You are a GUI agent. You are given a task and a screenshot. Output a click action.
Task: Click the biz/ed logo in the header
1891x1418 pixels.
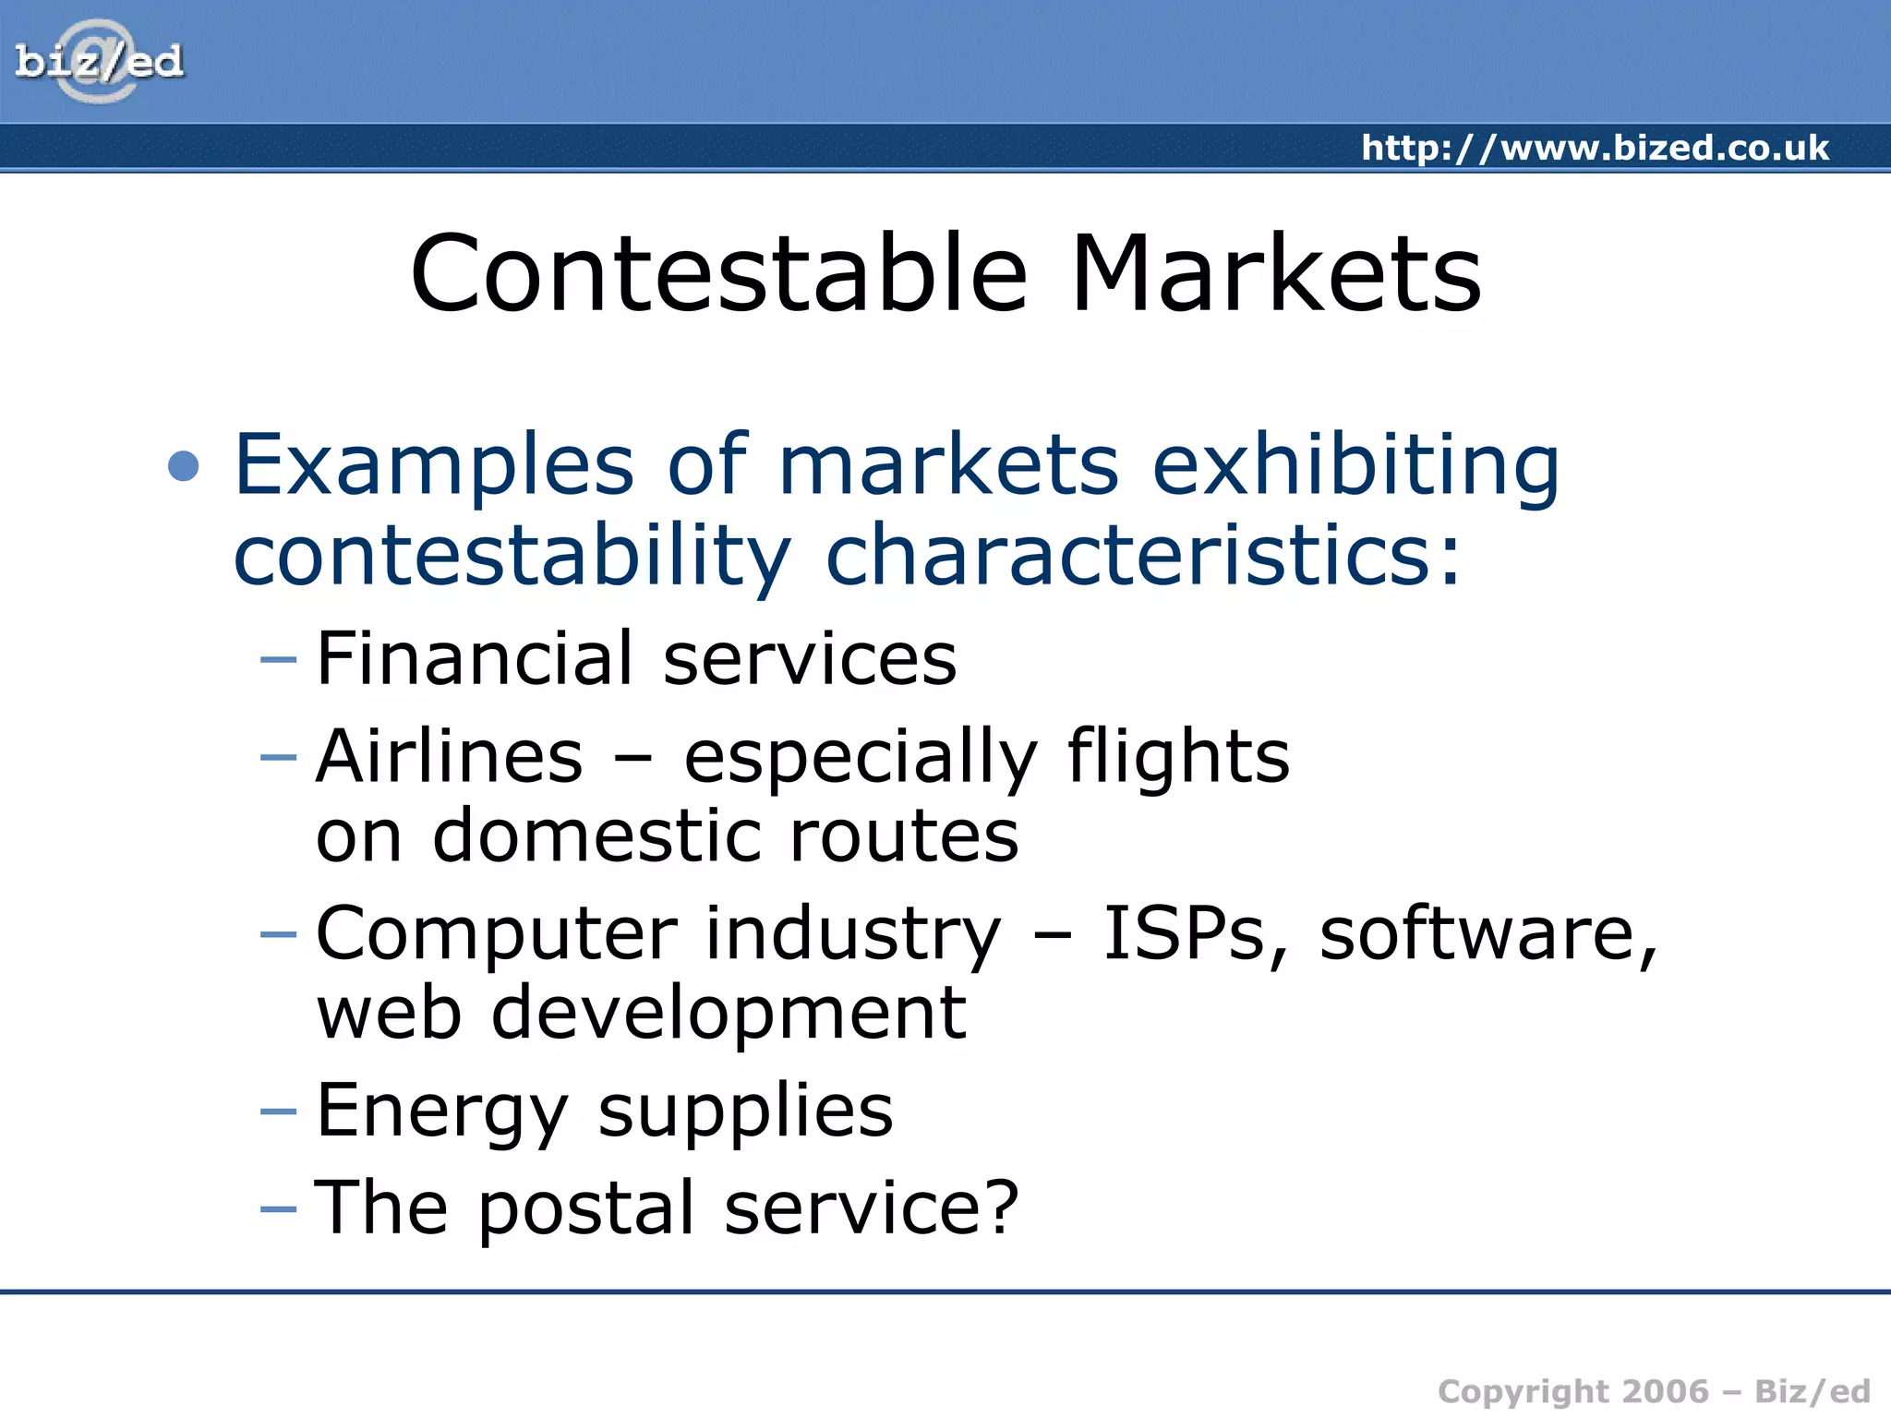99,62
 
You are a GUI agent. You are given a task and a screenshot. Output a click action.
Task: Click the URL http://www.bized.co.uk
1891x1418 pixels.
1595,148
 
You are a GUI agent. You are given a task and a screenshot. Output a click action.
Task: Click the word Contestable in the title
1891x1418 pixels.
718,274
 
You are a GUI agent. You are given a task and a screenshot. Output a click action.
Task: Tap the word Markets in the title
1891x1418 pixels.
1275,274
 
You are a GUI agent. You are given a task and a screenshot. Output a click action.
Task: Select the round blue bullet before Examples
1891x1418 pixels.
184,465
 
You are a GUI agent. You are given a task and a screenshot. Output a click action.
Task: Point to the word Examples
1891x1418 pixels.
434,465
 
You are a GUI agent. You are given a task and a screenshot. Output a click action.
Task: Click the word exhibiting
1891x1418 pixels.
1355,465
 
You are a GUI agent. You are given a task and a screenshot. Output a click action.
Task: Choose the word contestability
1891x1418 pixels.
512,556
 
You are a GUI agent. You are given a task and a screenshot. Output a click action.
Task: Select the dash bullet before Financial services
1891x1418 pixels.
278,659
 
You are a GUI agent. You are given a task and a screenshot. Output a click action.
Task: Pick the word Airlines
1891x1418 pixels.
449,756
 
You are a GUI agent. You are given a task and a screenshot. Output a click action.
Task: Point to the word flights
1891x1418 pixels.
1177,756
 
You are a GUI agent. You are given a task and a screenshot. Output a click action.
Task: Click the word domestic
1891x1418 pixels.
597,835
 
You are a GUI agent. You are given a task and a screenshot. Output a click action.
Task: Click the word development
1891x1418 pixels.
729,1014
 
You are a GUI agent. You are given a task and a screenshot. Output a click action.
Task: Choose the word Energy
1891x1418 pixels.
441,1111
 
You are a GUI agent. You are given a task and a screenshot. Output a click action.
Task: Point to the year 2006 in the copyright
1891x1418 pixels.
1665,1391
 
